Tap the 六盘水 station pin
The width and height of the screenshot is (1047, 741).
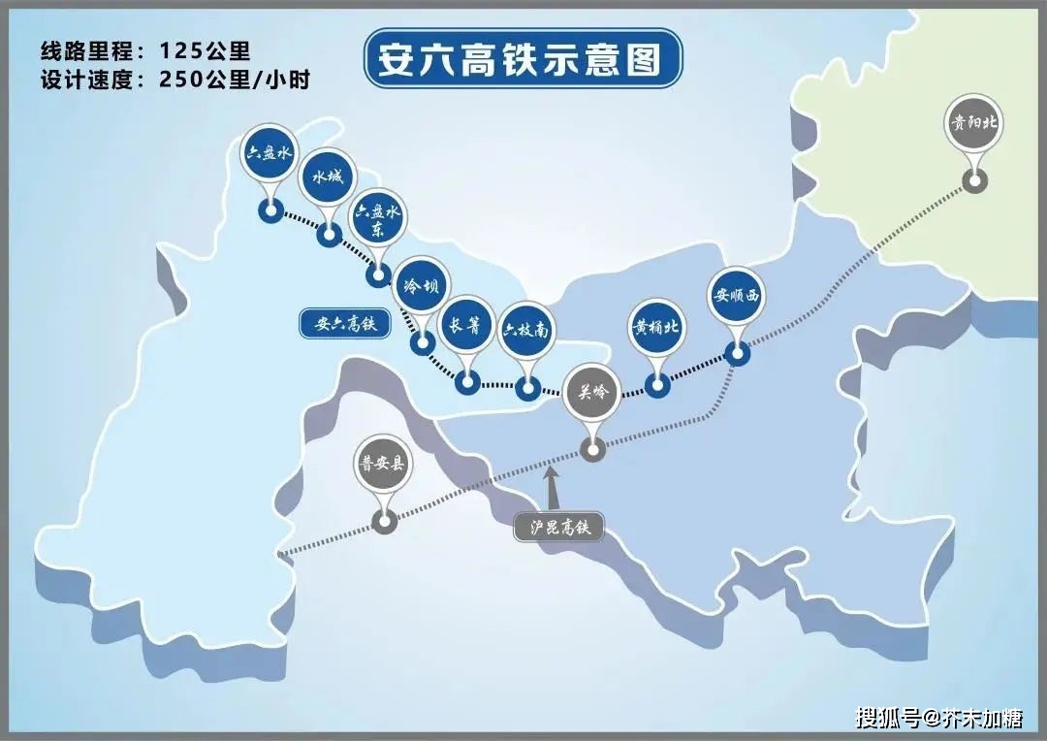[x=269, y=155]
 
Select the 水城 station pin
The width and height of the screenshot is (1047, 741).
[x=328, y=180]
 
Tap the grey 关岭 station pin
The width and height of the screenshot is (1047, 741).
[x=592, y=394]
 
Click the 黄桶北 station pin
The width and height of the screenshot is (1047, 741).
[x=657, y=327]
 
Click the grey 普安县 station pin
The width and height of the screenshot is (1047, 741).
[x=384, y=465]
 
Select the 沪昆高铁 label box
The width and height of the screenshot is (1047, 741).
[x=558, y=528]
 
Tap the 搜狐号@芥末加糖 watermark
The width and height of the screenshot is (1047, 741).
[x=938, y=719]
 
